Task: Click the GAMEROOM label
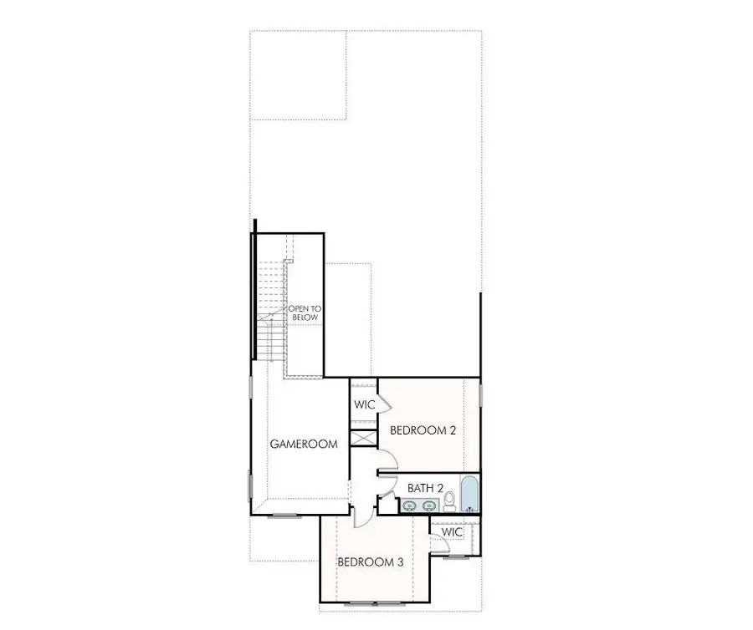pyautogui.click(x=304, y=445)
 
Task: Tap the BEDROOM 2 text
pyautogui.click(x=423, y=431)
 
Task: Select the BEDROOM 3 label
pyautogui.click(x=371, y=562)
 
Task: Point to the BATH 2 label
pyautogui.click(x=426, y=487)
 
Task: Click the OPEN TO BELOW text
pyautogui.click(x=305, y=313)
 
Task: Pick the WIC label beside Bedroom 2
pyautogui.click(x=364, y=405)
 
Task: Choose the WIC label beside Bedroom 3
pyautogui.click(x=452, y=532)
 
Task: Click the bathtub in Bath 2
pyautogui.click(x=469, y=494)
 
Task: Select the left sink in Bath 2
pyautogui.click(x=410, y=505)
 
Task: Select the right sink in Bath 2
pyautogui.click(x=430, y=505)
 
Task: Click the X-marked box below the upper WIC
pyautogui.click(x=364, y=438)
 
